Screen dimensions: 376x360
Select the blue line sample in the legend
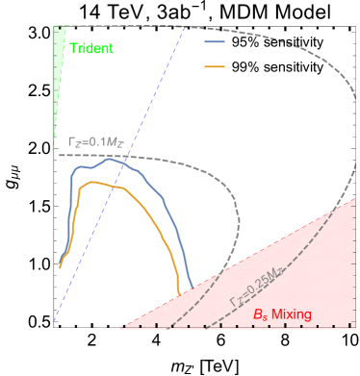215,43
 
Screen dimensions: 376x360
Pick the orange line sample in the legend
215,66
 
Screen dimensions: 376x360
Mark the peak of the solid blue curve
113,160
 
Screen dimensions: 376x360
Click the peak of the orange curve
93,182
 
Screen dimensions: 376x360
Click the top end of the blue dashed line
184,26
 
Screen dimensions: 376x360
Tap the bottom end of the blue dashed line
55,321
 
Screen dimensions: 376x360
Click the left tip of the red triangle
119,328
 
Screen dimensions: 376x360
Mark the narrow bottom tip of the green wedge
53,149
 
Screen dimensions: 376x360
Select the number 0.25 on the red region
253,291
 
